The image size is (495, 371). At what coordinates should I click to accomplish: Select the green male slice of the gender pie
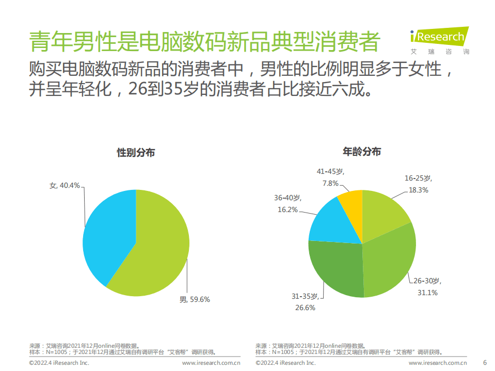tap(160, 248)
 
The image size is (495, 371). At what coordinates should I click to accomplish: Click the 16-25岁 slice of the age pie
tap(385, 212)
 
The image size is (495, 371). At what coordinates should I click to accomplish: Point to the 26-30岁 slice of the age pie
tap(392, 261)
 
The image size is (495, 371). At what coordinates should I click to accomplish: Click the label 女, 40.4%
tap(65, 185)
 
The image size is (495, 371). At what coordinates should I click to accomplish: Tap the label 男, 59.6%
tap(194, 299)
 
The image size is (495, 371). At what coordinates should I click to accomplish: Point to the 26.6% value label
tap(305, 307)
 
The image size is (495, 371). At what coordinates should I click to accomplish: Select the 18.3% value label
tap(418, 189)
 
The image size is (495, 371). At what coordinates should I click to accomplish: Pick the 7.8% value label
tap(330, 183)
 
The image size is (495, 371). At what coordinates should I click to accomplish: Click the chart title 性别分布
tap(136, 153)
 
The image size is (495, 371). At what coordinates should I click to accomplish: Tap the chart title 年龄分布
tap(362, 152)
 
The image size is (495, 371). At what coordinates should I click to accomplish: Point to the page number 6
tap(484, 363)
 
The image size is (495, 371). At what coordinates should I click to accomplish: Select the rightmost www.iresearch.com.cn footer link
tap(437, 363)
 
